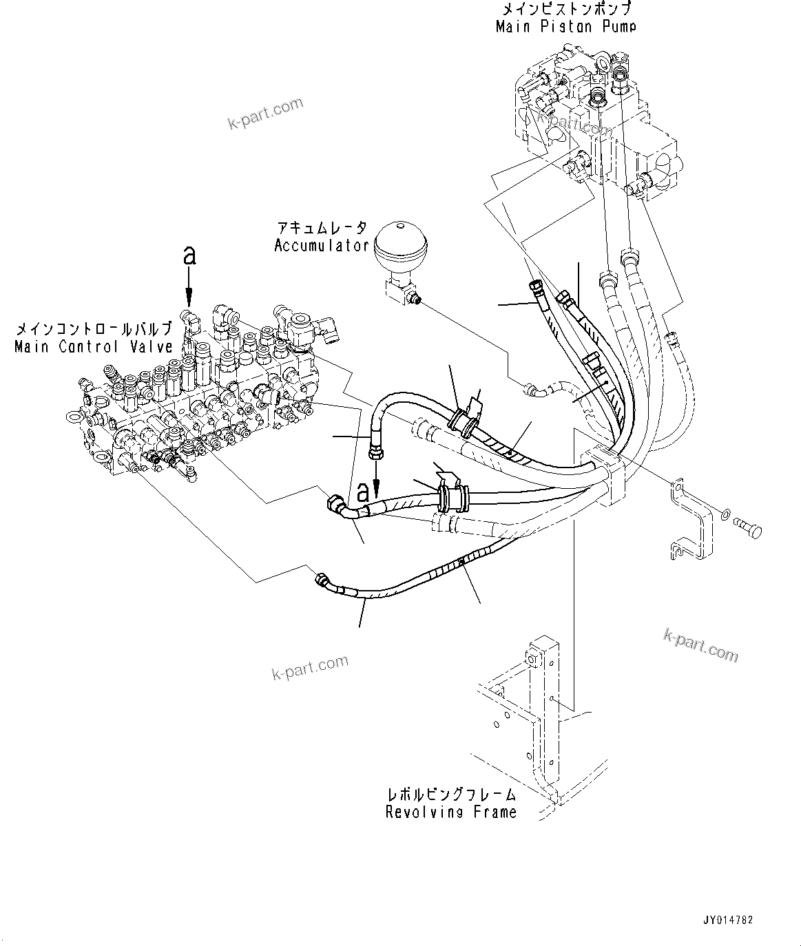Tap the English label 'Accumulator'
click(322, 246)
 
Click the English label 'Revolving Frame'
click(450, 812)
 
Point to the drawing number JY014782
click(728, 919)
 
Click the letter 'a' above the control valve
click(189, 255)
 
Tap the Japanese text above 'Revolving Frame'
click(450, 795)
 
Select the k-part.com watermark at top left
click(264, 114)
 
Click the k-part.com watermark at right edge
click(700, 645)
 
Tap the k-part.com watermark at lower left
click(310, 666)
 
